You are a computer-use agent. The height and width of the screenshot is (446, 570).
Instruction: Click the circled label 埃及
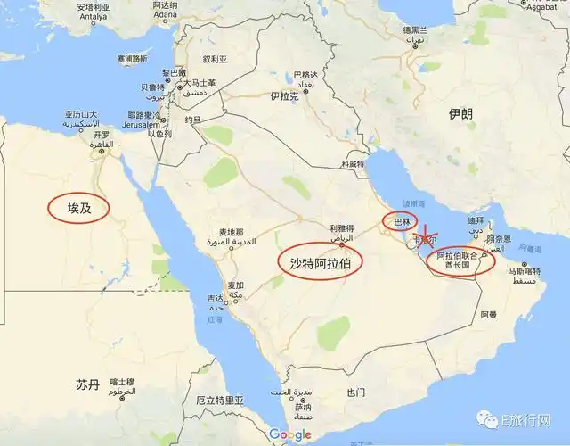[x=80, y=210]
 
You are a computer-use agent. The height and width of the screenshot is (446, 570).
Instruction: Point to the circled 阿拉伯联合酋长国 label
[x=463, y=261]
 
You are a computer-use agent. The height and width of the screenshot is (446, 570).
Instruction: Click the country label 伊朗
[x=461, y=114]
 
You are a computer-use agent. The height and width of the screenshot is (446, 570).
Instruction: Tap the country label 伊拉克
[x=282, y=95]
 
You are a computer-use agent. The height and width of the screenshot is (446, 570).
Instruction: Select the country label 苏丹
[x=87, y=384]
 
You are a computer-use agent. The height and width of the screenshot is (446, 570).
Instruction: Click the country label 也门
[x=356, y=392]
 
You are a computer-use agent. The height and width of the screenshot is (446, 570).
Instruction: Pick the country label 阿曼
[x=489, y=315]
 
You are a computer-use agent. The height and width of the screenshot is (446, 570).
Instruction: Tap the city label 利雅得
[x=342, y=228]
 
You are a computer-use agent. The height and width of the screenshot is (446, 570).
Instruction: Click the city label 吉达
[x=216, y=298]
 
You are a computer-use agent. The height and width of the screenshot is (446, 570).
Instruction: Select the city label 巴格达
[x=305, y=75]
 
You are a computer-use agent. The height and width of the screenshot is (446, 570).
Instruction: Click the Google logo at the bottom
[x=290, y=434]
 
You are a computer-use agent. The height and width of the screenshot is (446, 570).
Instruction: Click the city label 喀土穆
[x=122, y=383]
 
